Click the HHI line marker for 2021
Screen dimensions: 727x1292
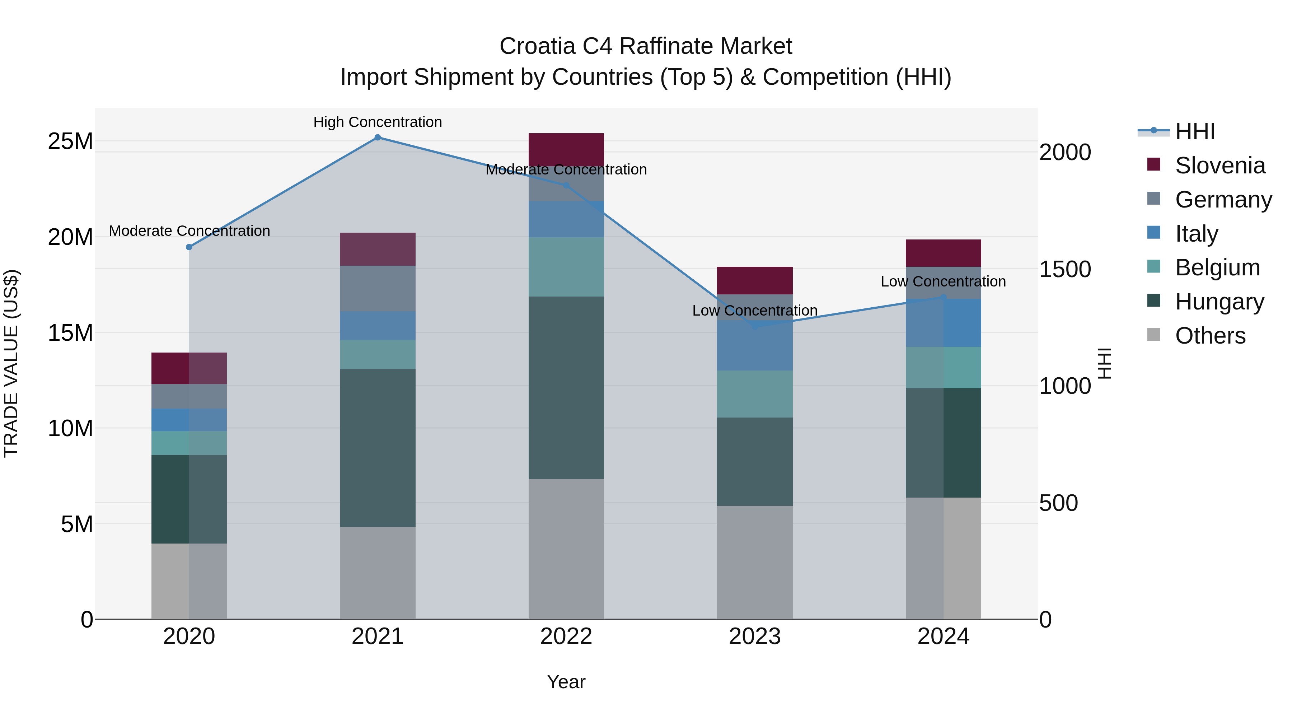pos(378,138)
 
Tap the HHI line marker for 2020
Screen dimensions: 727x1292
pos(189,247)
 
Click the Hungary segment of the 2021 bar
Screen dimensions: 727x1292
pos(378,448)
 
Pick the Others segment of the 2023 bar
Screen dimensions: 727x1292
pos(754,562)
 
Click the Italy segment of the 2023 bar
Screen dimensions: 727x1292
pos(754,345)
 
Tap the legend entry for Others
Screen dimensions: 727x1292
pos(1210,336)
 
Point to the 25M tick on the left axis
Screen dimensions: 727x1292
pos(70,141)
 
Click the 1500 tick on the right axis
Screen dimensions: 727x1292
pos(1065,269)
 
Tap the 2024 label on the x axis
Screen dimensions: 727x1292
pos(943,637)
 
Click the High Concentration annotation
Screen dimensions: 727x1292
pos(378,122)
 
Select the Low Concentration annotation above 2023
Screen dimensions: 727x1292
pos(754,311)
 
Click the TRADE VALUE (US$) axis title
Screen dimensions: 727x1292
pos(11,363)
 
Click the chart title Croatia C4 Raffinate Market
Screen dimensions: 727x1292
pos(646,46)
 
